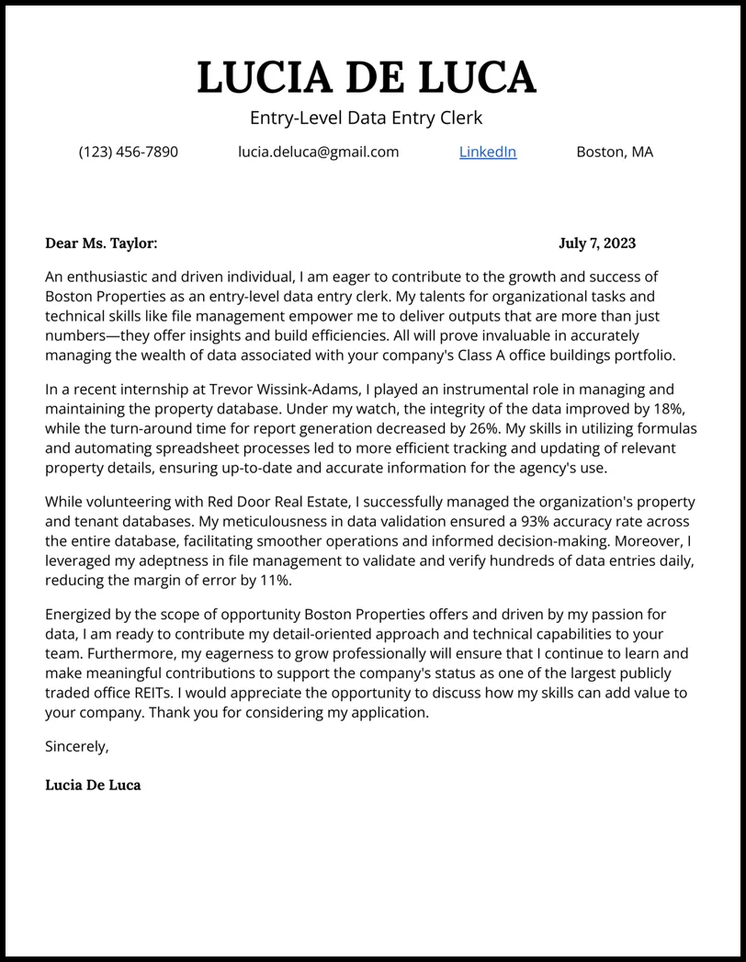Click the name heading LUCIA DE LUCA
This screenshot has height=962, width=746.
pyautogui.click(x=366, y=77)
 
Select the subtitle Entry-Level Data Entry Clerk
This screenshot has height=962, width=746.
pyautogui.click(x=366, y=118)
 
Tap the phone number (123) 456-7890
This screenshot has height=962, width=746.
pyautogui.click(x=129, y=152)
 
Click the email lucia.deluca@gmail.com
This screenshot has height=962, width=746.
pyautogui.click(x=319, y=152)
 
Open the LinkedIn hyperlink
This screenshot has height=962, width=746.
pyautogui.click(x=488, y=152)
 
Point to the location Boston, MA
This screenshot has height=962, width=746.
pyautogui.click(x=615, y=152)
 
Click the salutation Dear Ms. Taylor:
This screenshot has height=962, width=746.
pyautogui.click(x=101, y=243)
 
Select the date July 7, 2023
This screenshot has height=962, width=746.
pyautogui.click(x=596, y=243)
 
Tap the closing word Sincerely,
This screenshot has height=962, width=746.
pyautogui.click(x=77, y=747)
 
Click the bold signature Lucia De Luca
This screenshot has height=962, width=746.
pyautogui.click(x=93, y=786)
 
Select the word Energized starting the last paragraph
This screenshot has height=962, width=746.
pyautogui.click(x=80, y=614)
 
